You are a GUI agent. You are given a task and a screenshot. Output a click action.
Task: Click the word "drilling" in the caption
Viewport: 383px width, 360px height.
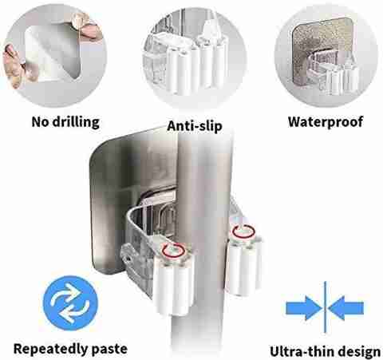tap(76, 122)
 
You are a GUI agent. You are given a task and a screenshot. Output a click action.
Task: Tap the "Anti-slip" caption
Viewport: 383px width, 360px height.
tap(195, 126)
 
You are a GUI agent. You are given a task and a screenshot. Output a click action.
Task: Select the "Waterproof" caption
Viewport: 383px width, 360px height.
tap(326, 122)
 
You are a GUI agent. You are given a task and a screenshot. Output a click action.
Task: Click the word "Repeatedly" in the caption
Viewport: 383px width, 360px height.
tap(50, 349)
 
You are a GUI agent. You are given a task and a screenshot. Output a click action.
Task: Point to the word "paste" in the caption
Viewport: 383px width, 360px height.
tap(109, 350)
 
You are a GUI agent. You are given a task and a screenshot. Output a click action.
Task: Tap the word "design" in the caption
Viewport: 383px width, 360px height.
tap(361, 352)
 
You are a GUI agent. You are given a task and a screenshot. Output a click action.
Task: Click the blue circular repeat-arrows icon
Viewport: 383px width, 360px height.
tap(70, 303)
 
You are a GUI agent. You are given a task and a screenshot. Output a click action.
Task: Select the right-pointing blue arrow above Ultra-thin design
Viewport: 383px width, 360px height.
tap(304, 308)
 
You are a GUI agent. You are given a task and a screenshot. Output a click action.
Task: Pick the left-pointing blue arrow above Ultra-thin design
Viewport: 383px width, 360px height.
tap(345, 308)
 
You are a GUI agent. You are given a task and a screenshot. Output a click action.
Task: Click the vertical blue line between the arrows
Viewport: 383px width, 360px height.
tap(325, 307)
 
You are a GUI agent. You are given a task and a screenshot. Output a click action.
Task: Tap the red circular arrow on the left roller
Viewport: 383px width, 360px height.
tap(173, 250)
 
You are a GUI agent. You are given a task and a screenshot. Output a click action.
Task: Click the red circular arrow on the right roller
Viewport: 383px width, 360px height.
tap(244, 231)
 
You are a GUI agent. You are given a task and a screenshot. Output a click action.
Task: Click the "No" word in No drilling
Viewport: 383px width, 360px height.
tap(40, 122)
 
